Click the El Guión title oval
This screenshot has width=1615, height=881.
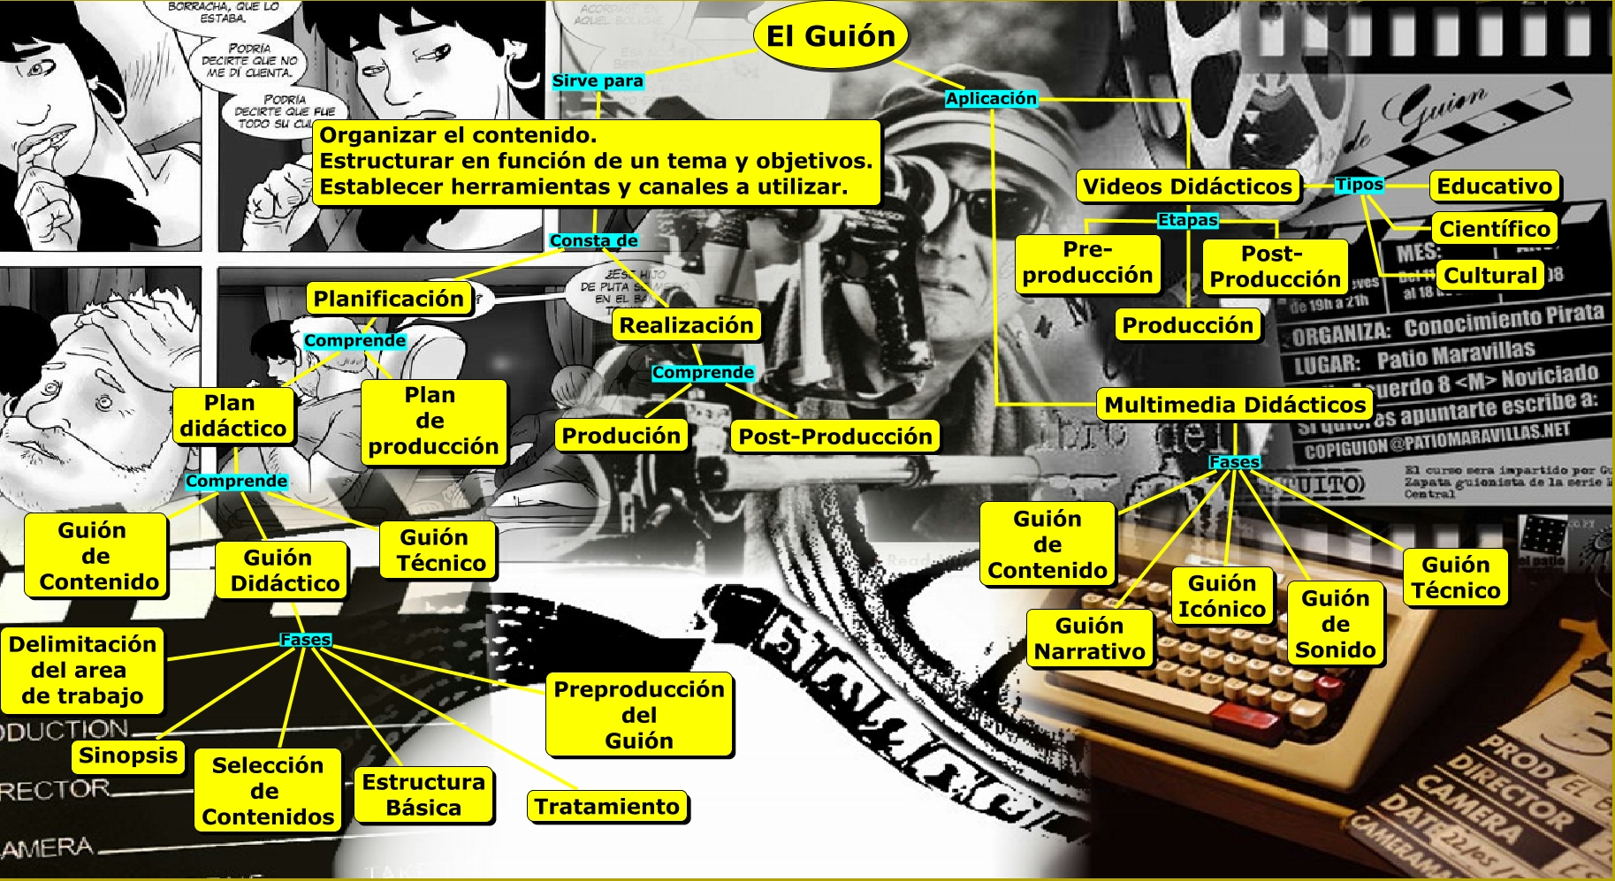click(830, 36)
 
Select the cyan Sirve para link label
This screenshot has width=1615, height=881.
click(598, 81)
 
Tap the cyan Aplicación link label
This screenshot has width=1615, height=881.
click(991, 99)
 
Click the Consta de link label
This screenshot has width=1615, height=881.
click(593, 240)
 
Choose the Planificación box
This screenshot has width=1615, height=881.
click(388, 299)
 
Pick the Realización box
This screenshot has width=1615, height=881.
click(686, 325)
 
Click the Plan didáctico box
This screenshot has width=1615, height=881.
click(233, 415)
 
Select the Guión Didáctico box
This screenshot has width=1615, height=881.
click(280, 570)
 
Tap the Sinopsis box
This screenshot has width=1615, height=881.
click(128, 756)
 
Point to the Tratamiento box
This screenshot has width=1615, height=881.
click(606, 806)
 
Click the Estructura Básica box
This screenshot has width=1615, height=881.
click(423, 794)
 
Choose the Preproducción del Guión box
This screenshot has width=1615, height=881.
click(639, 715)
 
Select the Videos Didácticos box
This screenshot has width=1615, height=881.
click(1187, 186)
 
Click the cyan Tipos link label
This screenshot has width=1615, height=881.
click(1359, 185)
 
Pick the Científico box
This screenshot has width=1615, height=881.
click(1494, 229)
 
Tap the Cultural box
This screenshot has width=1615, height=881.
click(1490, 275)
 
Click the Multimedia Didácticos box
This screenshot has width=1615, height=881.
click(1235, 405)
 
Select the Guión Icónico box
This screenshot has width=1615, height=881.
click(1222, 596)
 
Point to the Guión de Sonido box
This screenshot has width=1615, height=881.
click(1335, 624)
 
